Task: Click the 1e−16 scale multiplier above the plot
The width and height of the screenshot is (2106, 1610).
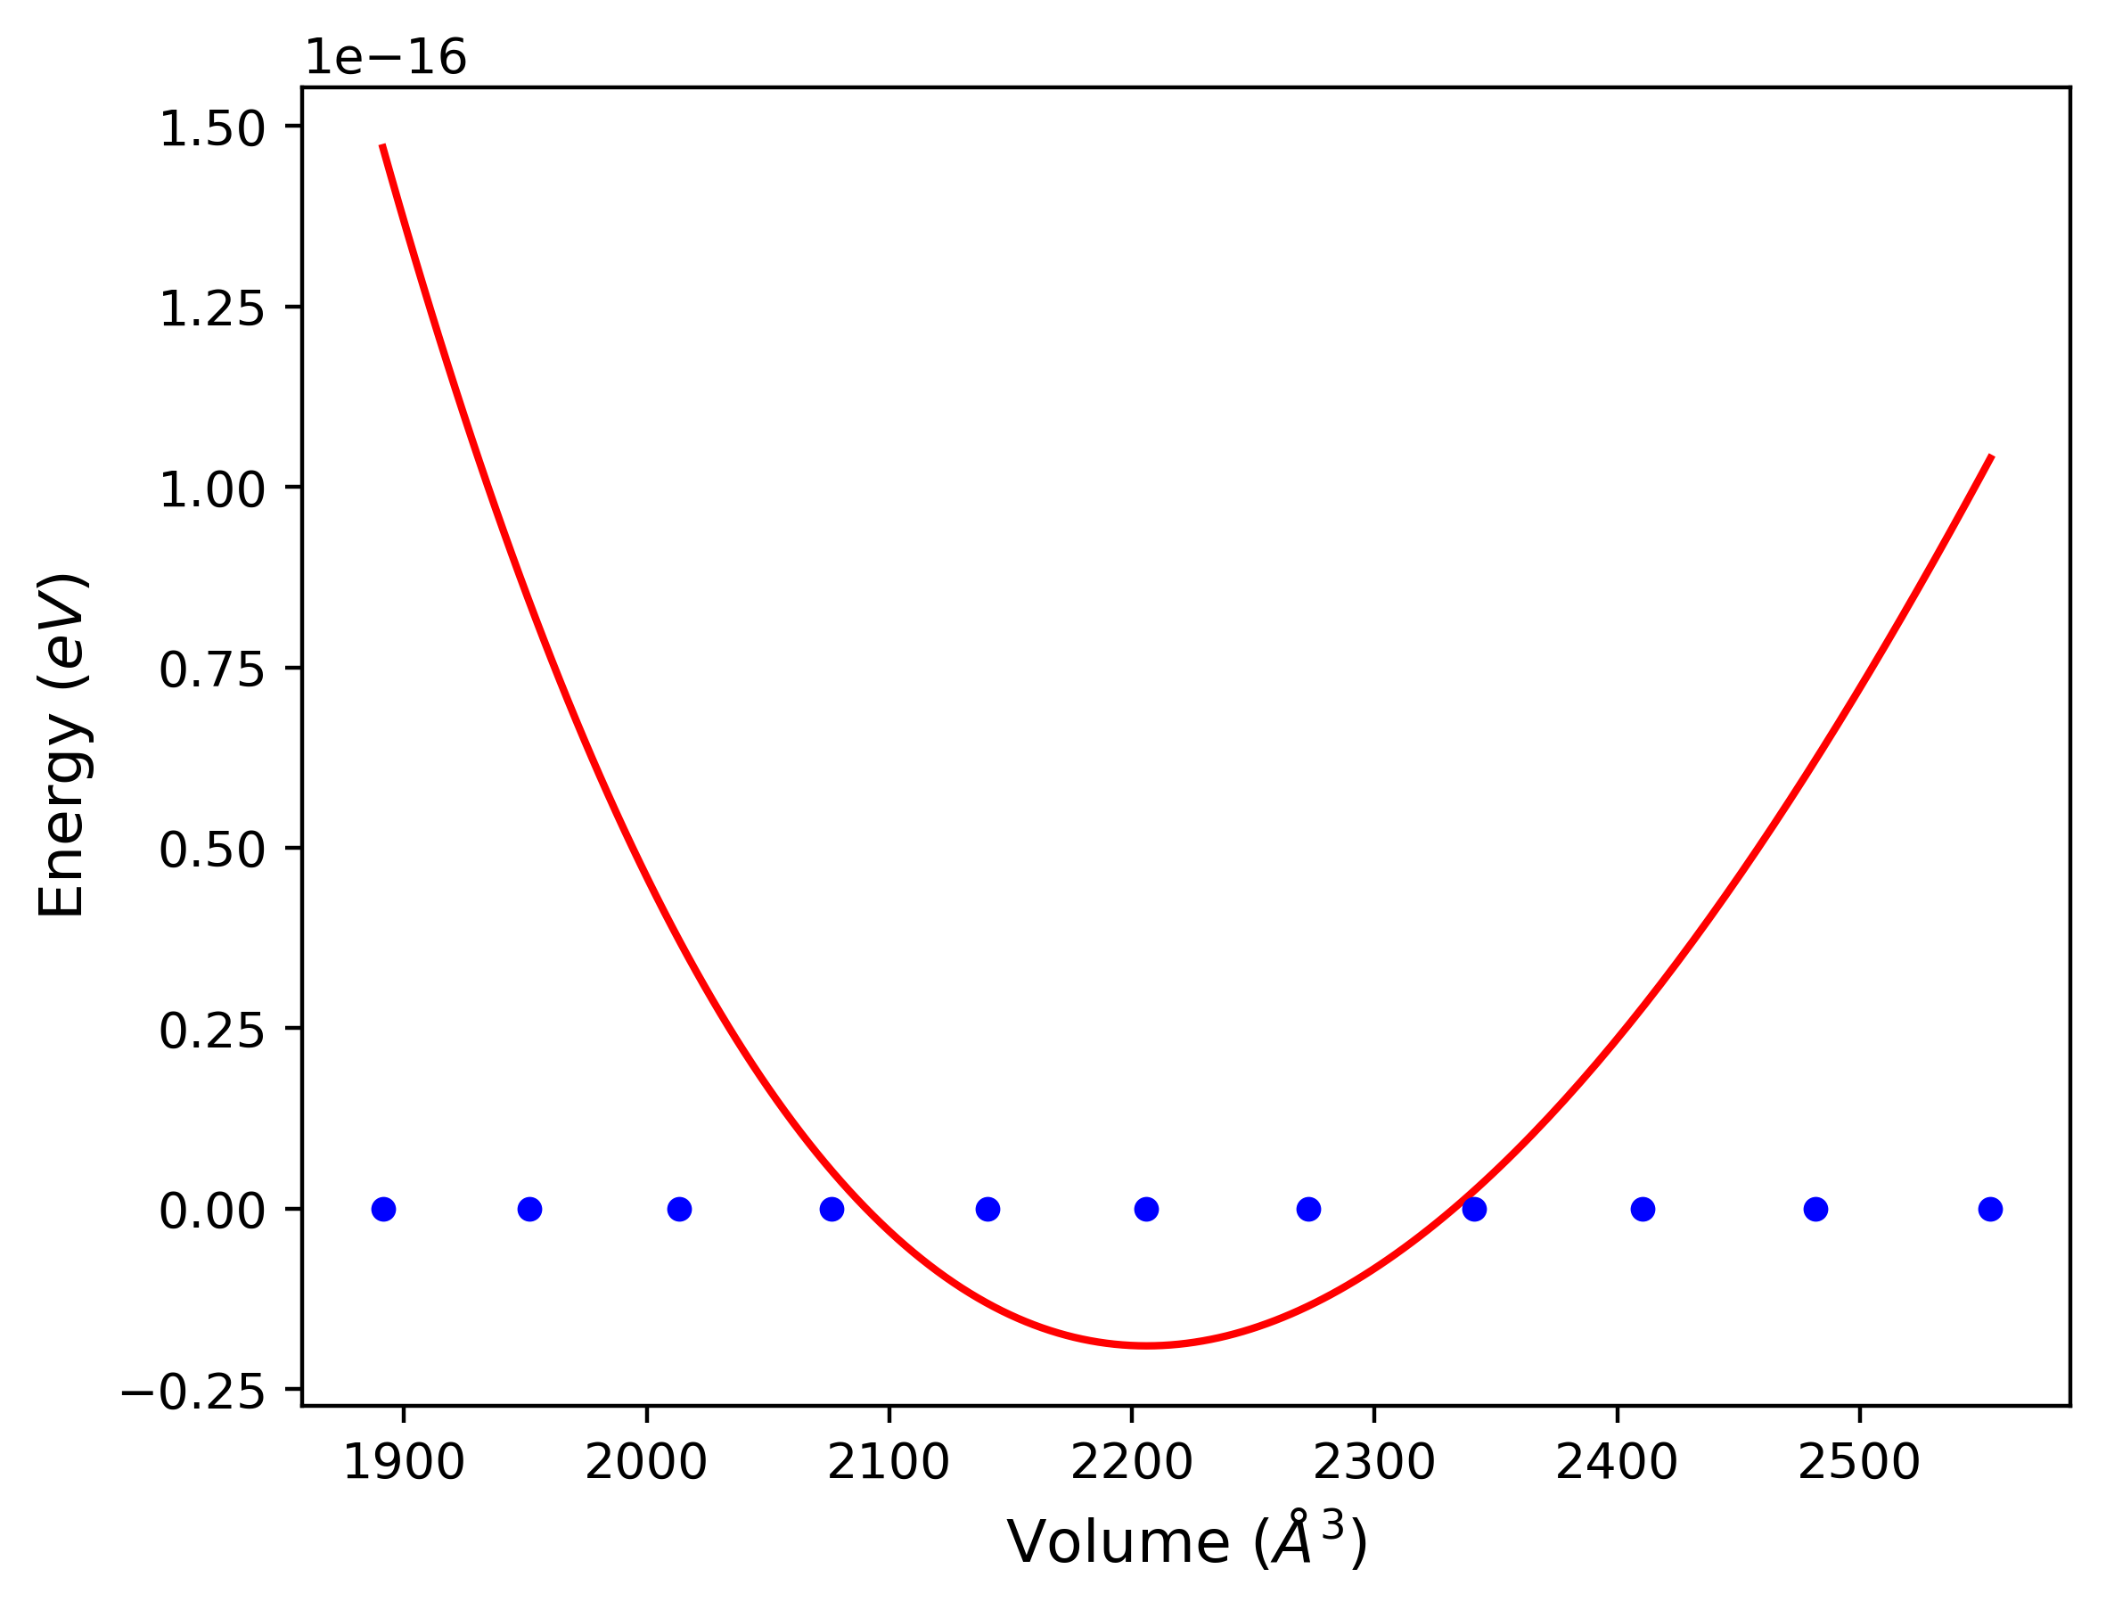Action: [385, 59]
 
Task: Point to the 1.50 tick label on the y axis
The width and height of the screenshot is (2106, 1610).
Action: [212, 129]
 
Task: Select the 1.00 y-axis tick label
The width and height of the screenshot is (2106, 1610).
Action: [212, 490]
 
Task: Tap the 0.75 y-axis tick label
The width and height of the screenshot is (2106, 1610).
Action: [212, 670]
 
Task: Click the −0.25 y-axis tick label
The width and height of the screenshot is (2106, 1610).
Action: [193, 1393]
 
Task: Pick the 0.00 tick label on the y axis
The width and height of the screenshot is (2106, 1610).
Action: [212, 1212]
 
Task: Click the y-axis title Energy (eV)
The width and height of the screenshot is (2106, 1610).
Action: [63, 744]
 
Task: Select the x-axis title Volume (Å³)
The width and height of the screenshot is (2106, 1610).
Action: [1186, 1543]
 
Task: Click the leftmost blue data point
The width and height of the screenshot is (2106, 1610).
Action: [383, 1210]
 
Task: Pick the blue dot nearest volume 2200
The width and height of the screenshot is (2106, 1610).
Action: [1146, 1210]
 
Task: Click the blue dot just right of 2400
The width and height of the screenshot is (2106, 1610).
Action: [1643, 1210]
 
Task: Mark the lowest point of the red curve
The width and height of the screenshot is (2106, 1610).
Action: [1146, 1345]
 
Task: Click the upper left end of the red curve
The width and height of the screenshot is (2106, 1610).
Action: [382, 145]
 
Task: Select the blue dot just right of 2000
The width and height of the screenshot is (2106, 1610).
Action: [679, 1210]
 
